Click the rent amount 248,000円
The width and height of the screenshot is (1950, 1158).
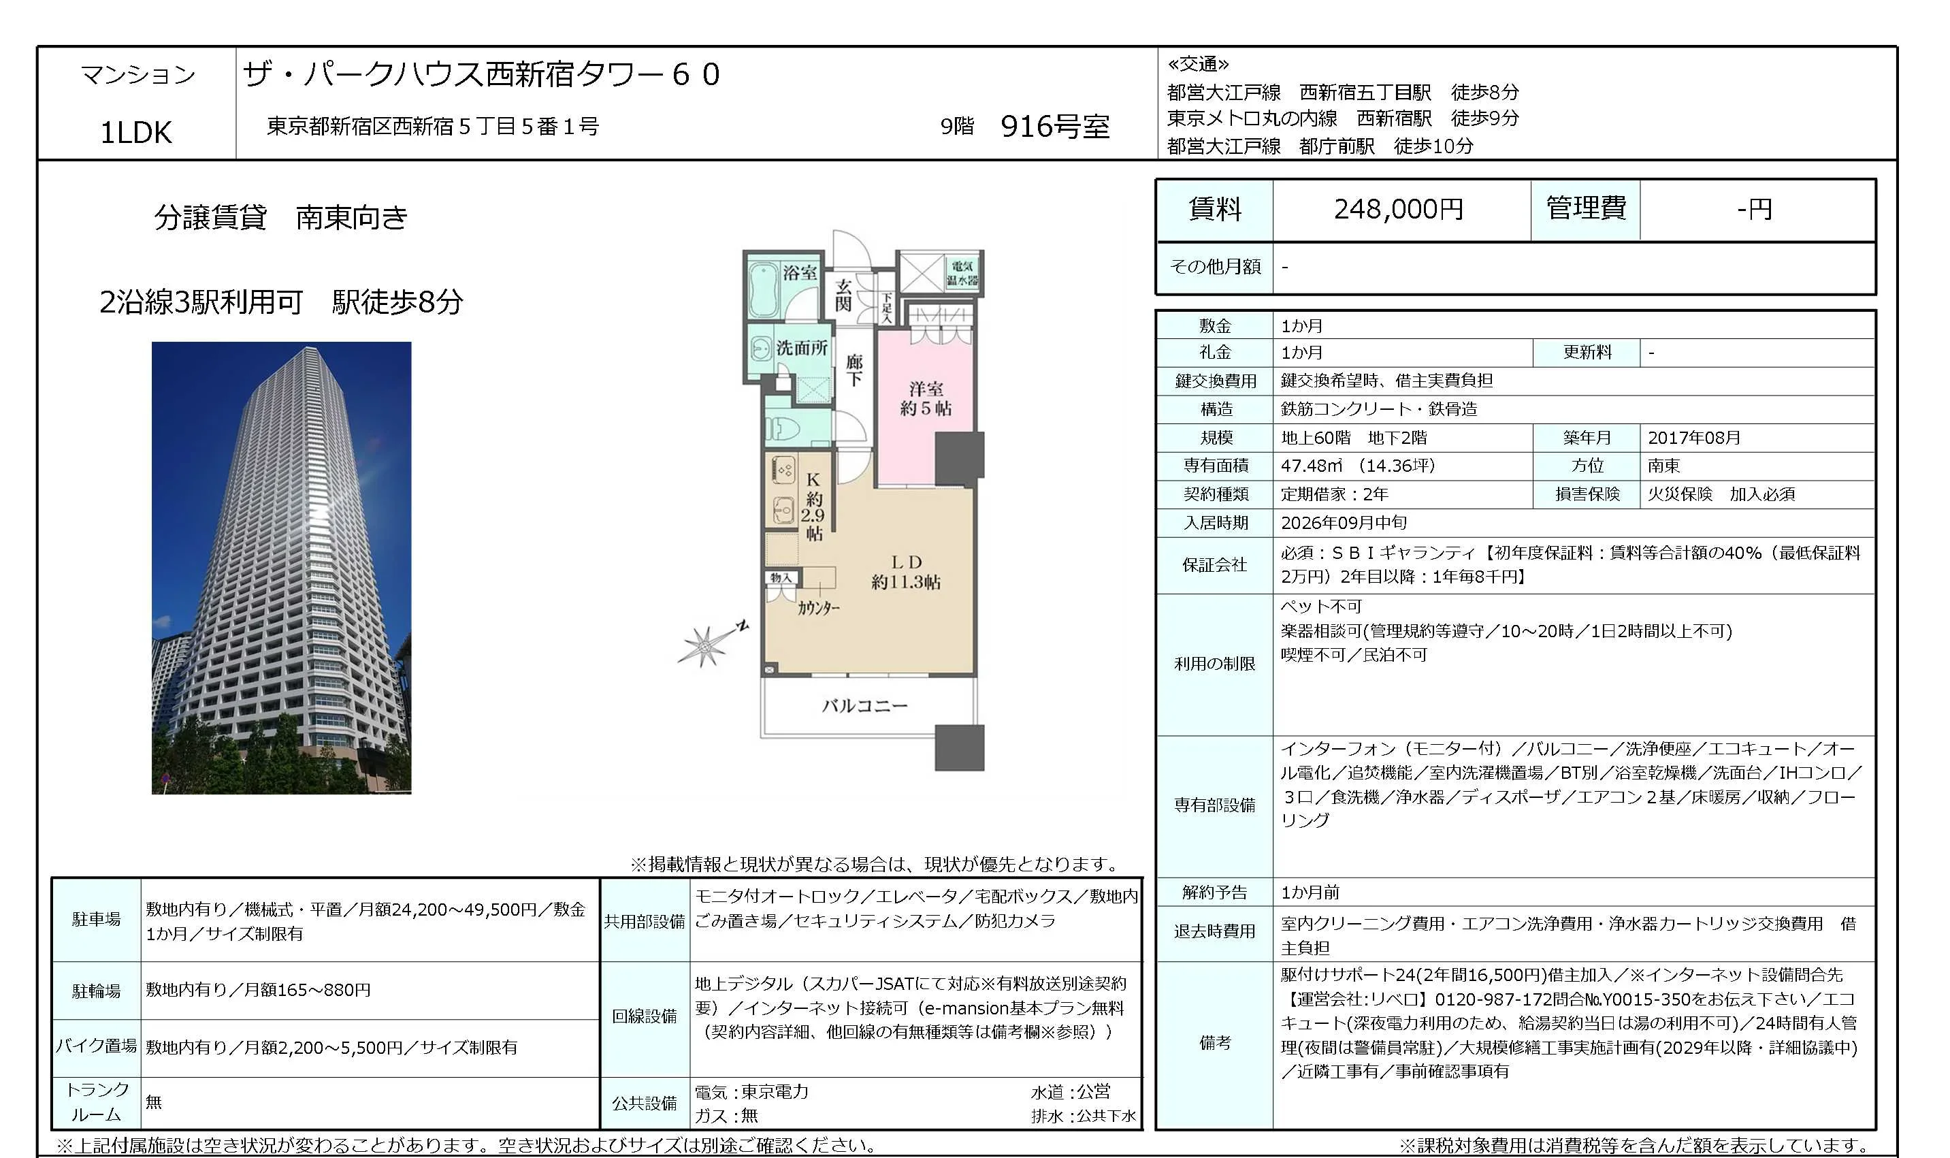pyautogui.click(x=1398, y=209)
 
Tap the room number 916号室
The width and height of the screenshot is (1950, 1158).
pyautogui.click(x=1054, y=127)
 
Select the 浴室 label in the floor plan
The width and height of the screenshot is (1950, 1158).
pyautogui.click(x=800, y=272)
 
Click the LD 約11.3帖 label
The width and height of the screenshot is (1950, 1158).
pyautogui.click(x=906, y=572)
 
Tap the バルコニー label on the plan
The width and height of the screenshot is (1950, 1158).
pyautogui.click(x=864, y=706)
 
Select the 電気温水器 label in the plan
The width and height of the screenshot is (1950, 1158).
pyautogui.click(x=962, y=273)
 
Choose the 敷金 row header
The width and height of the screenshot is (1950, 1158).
pyautogui.click(x=1214, y=325)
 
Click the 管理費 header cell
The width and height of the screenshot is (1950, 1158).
pyautogui.click(x=1586, y=209)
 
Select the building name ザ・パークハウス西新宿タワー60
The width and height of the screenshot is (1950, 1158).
pyautogui.click(x=481, y=74)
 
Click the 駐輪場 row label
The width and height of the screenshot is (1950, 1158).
pyautogui.click(x=96, y=991)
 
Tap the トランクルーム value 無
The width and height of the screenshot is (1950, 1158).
pyautogui.click(x=154, y=1101)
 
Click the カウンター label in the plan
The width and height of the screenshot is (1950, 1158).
pyautogui.click(x=818, y=608)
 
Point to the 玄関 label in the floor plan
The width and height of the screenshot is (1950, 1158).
pyautogui.click(x=843, y=295)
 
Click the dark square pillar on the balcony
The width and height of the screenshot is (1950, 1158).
pyautogui.click(x=960, y=747)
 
